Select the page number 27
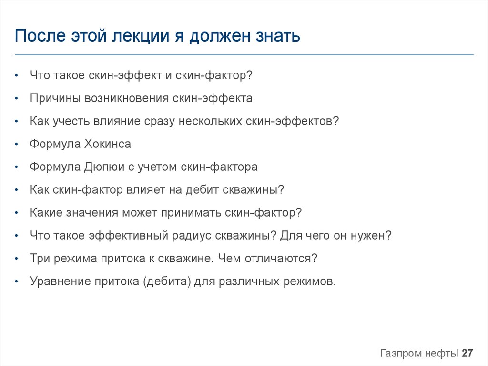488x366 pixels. [x=468, y=354]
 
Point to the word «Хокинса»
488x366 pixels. [x=108, y=144]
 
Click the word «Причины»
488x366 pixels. [x=55, y=98]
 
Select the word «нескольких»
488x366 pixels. [x=210, y=121]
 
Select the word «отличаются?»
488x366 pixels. [x=281, y=259]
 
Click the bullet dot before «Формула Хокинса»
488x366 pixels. [x=17, y=145]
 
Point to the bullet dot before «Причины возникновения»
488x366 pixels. [x=17, y=99]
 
